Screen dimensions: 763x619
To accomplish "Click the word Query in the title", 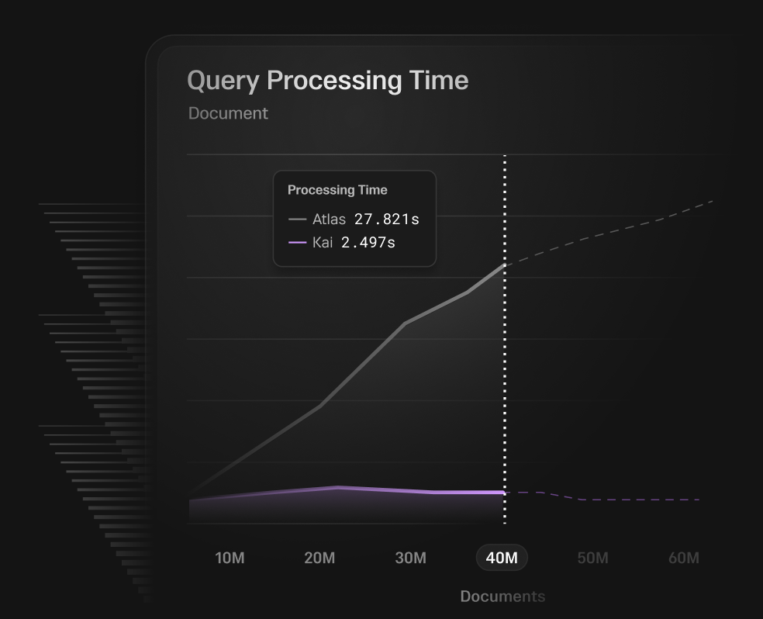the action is [223, 81].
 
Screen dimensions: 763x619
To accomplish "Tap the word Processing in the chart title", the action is [334, 81].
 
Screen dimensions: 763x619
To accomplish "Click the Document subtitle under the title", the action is [228, 113].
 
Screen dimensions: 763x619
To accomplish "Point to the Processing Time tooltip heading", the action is [337, 190].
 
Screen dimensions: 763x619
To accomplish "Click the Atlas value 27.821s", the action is [387, 220].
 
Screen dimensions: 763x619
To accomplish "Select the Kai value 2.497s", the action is [368, 242].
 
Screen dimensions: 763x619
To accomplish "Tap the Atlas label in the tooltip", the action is [329, 220].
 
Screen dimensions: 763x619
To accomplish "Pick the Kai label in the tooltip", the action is [323, 242].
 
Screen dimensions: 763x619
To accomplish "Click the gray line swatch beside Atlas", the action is [297, 220].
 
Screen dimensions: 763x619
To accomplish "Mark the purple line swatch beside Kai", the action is [297, 242].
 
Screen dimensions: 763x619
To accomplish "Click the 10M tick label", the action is [230, 558].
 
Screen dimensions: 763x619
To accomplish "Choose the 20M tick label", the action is [319, 558].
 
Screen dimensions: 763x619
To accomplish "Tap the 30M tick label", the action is [411, 558].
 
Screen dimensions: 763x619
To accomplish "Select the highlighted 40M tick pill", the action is [502, 558].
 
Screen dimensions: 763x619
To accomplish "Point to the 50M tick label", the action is [592, 558].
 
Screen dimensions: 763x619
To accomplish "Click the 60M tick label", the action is [684, 558].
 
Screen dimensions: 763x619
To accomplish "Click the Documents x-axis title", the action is [502, 597].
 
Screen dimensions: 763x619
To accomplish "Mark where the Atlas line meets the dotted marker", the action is [505, 265].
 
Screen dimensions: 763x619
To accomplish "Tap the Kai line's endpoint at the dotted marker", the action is [505, 493].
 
